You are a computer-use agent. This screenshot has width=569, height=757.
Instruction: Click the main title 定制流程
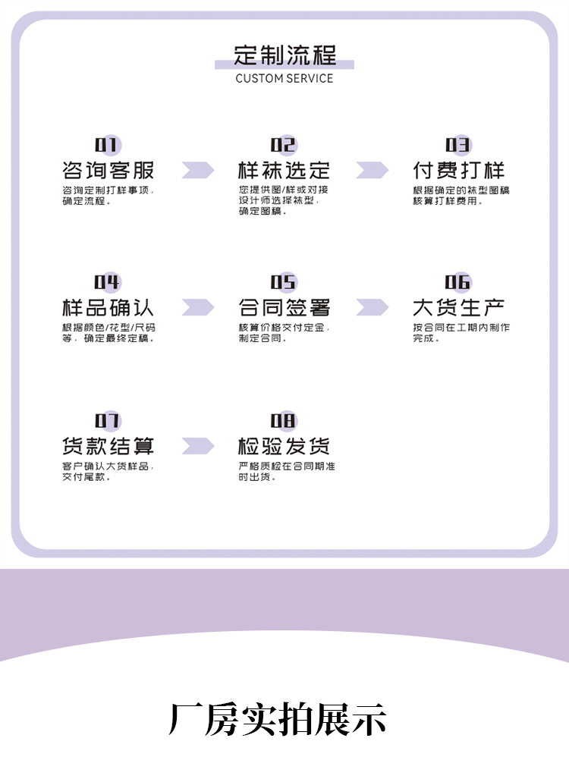tap(284, 55)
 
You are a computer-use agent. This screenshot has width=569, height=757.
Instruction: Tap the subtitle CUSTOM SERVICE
tap(284, 78)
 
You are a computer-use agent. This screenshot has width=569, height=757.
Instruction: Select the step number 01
tap(107, 145)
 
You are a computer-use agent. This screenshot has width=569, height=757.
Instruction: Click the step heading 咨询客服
tap(108, 170)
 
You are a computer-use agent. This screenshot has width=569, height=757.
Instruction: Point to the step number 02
tap(283, 145)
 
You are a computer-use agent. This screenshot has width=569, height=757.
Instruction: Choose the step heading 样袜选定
tap(284, 170)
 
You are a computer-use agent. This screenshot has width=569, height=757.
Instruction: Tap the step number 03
tap(458, 145)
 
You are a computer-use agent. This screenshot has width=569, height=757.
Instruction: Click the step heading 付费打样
tap(458, 170)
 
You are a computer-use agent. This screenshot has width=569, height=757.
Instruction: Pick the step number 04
tap(107, 283)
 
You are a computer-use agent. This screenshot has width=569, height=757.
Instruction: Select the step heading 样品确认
tap(108, 308)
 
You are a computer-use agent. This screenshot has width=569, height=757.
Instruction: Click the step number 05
tap(283, 283)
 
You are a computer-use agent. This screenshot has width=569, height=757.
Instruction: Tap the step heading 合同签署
tap(284, 308)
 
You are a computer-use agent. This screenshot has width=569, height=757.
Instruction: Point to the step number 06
tap(458, 283)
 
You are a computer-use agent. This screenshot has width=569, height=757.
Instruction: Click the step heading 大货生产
tap(458, 308)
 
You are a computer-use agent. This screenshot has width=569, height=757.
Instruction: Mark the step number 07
tap(107, 421)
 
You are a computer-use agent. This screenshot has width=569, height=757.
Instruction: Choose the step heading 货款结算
tap(108, 446)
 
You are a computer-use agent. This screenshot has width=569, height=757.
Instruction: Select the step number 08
tap(283, 421)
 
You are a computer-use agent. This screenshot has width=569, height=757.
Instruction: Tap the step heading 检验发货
tap(284, 446)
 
